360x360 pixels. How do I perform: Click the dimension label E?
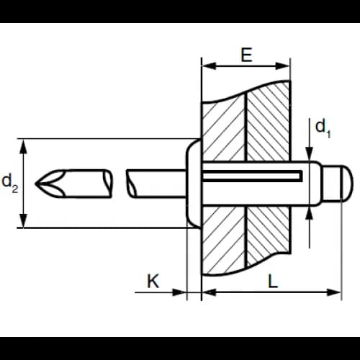tap(246, 55)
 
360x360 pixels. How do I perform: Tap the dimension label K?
tap(153, 281)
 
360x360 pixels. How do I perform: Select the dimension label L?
tap(273, 281)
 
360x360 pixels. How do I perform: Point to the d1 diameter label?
tap(323, 129)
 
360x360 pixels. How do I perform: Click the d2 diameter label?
tap(10, 184)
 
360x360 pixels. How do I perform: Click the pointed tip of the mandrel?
tap(35, 184)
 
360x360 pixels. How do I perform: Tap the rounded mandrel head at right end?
tap(347, 184)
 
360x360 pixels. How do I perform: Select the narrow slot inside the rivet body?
tap(253, 176)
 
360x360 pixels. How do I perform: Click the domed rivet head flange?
tap(194, 183)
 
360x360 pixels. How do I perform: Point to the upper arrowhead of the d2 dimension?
tap(23, 147)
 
